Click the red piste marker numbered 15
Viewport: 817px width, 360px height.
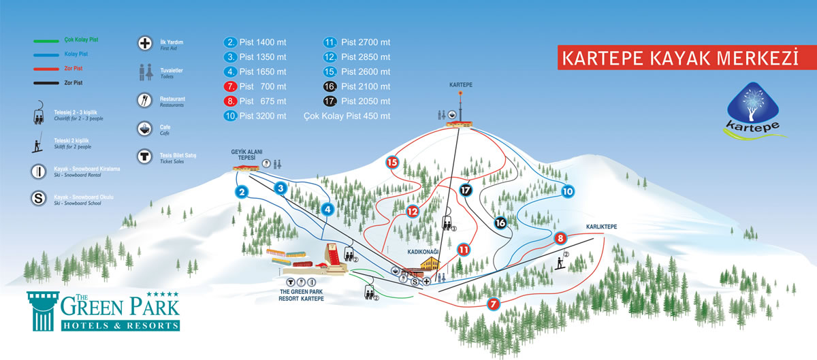pyautogui.click(x=392, y=163)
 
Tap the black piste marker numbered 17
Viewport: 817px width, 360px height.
pyautogui.click(x=466, y=190)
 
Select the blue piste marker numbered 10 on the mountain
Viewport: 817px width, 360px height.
pyautogui.click(x=568, y=191)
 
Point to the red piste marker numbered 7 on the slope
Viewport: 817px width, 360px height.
pyautogui.click(x=493, y=304)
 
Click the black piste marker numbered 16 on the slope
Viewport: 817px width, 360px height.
pyautogui.click(x=500, y=223)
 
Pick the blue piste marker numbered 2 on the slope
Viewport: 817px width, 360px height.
pyautogui.click(x=242, y=192)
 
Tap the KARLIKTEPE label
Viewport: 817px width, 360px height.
pyautogui.click(x=601, y=227)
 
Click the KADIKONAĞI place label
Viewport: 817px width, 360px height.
pyautogui.click(x=423, y=252)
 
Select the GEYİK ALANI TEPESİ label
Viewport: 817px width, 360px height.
pyautogui.click(x=246, y=154)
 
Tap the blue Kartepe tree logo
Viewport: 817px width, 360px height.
pyautogui.click(x=753, y=110)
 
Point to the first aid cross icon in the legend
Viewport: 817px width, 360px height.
pyautogui.click(x=145, y=44)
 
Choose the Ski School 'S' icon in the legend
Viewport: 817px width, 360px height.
pyautogui.click(x=38, y=199)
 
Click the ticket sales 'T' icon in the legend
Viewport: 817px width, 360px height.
pyautogui.click(x=144, y=157)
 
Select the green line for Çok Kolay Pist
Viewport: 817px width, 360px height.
pyautogui.click(x=46, y=41)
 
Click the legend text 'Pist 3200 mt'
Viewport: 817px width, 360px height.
pyautogui.click(x=263, y=116)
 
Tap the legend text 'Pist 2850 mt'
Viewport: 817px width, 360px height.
pyautogui.click(x=366, y=57)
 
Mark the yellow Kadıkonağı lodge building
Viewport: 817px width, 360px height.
pyautogui.click(x=430, y=264)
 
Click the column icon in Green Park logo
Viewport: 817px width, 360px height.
pyautogui.click(x=43, y=311)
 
